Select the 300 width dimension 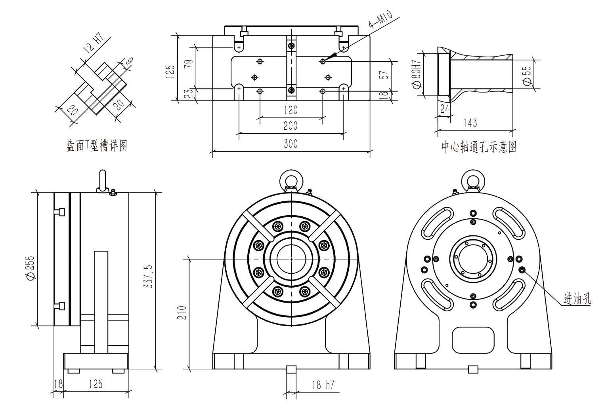291,144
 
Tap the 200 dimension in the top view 291,126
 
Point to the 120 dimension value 291,110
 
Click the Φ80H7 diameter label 416,74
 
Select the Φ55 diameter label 527,75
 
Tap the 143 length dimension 470,123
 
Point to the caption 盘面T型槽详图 96,146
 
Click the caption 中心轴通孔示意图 479,147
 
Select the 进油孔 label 577,299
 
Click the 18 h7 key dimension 323,385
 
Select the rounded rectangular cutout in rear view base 473,340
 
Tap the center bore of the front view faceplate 291,259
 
